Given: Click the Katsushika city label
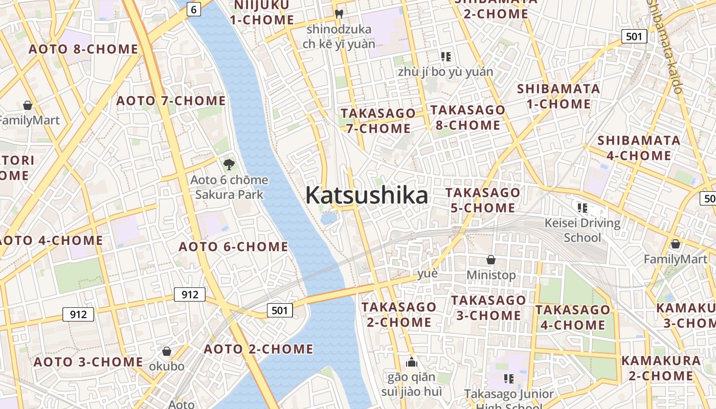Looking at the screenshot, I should pos(367,195).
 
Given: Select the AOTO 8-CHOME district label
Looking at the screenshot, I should pos(83,49).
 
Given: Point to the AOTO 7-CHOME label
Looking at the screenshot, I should pos(171,101).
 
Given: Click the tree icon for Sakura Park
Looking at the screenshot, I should pos(229,165).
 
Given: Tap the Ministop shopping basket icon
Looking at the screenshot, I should pos(491,260).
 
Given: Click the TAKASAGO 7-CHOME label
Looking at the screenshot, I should pos(378,121).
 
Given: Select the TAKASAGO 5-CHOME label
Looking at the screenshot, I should pos(483,200).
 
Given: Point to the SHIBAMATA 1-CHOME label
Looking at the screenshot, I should pos(558,96).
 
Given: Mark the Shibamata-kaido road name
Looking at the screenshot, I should pos(665,46).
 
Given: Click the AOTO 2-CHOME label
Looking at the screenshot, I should pos(258,349).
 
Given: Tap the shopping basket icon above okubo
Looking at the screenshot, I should pos(167,351).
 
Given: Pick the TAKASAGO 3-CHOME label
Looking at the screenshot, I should pos(488,307).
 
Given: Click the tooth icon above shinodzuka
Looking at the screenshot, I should pos(339,14).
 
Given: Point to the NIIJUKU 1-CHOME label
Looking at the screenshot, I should pos(262,13).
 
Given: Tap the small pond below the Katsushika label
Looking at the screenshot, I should pos(329,218).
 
